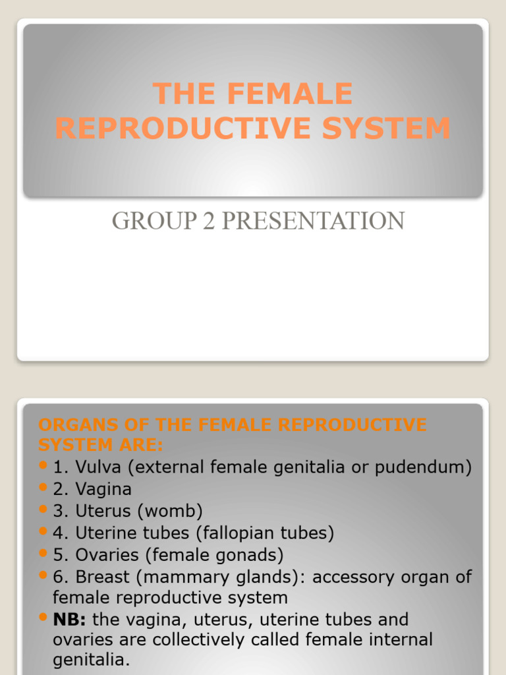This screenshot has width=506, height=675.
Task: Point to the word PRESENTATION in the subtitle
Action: [x=312, y=221]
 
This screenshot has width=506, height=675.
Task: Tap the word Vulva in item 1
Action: [x=99, y=467]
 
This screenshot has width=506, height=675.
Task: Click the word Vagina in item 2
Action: [x=103, y=489]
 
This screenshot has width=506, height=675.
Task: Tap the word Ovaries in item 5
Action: [x=106, y=554]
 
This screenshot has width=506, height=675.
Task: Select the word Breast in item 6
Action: [x=101, y=577]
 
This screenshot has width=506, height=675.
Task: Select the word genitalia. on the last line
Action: [x=92, y=660]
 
